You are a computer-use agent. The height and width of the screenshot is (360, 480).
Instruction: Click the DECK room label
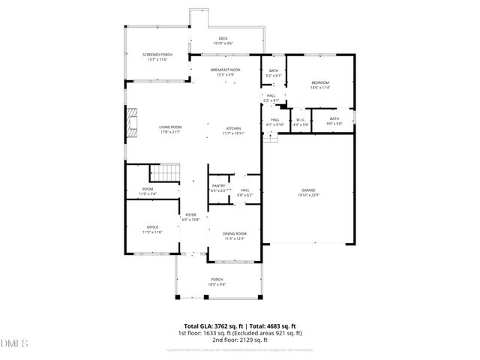(223, 40)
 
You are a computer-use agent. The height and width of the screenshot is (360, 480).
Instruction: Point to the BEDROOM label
(320, 85)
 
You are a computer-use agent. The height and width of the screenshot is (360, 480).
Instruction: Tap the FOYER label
(190, 217)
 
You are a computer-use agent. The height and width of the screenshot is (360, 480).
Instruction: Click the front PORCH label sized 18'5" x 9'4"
(217, 282)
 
